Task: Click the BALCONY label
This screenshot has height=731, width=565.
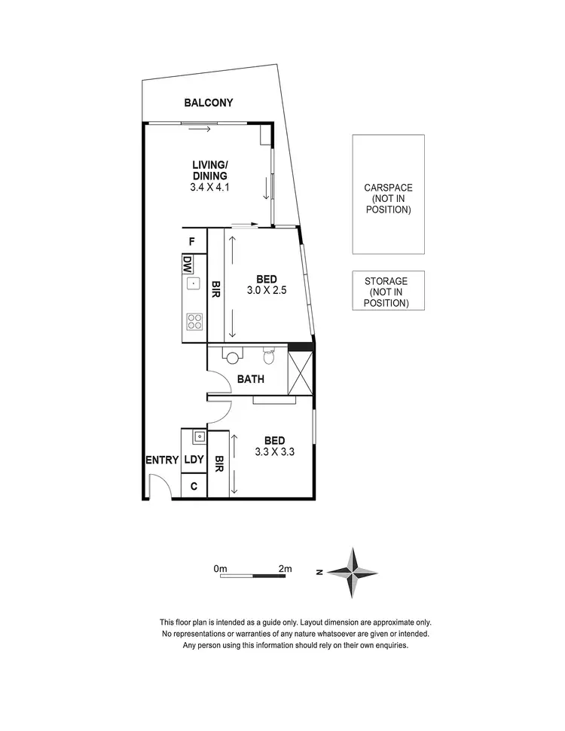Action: (x=209, y=103)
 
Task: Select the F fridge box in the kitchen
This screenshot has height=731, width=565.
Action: (x=193, y=242)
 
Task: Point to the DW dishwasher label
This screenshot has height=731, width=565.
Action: (x=186, y=264)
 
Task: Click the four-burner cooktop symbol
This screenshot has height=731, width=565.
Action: (x=194, y=322)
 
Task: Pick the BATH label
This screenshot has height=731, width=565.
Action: (x=250, y=379)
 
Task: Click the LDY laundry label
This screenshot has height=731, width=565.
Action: (x=194, y=460)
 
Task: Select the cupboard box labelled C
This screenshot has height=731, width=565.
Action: (x=194, y=486)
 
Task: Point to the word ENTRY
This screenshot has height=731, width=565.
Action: (x=163, y=460)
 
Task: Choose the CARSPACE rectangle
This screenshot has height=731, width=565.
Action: (x=388, y=194)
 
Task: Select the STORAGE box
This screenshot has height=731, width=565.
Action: (x=388, y=291)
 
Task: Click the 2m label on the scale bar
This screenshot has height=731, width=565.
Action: (x=284, y=569)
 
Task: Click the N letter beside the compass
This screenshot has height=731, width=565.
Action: (x=321, y=573)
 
